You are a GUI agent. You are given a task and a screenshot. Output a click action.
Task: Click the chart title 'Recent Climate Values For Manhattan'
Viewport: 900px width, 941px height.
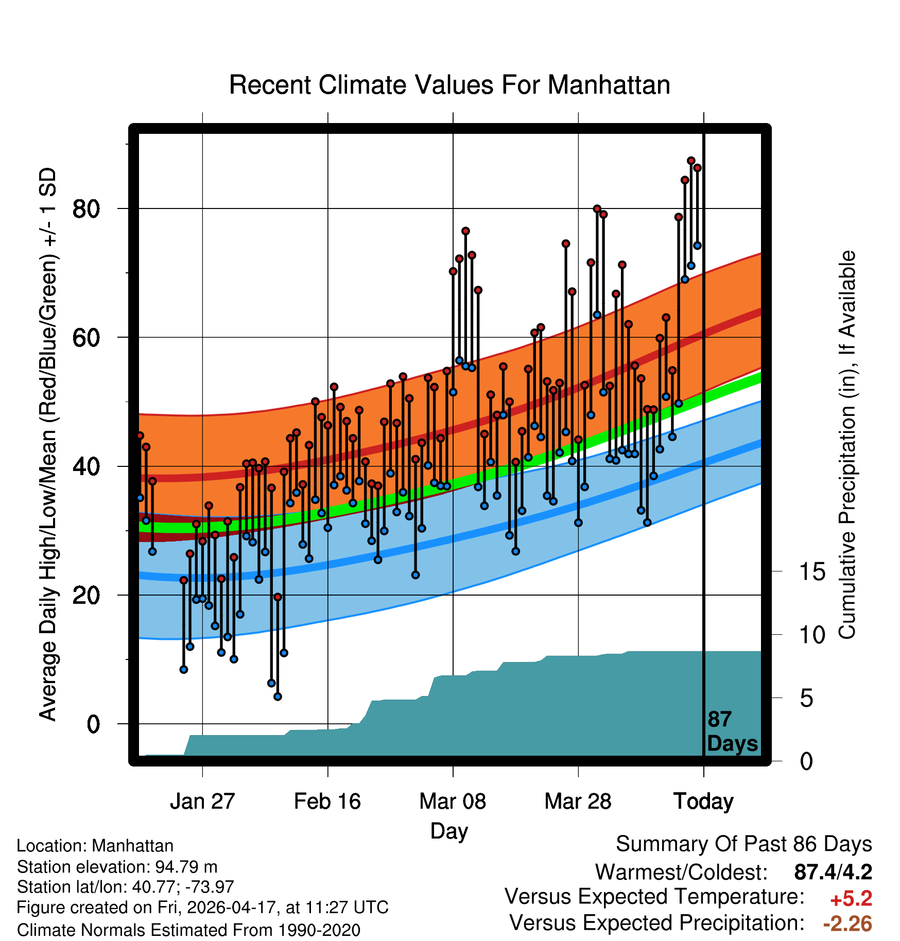click(x=449, y=85)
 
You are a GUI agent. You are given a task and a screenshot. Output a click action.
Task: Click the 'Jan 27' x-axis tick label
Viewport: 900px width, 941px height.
click(x=202, y=801)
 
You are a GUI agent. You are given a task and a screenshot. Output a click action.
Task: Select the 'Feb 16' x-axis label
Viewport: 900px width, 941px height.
click(x=327, y=801)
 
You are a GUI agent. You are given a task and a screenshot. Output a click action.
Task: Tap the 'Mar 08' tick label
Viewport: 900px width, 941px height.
click(x=453, y=801)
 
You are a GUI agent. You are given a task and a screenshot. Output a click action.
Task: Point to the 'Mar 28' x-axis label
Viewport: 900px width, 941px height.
click(x=578, y=801)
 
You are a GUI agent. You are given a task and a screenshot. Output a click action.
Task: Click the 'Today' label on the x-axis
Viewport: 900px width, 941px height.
click(x=703, y=802)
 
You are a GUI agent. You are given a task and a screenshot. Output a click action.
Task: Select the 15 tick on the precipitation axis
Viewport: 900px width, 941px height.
click(x=812, y=572)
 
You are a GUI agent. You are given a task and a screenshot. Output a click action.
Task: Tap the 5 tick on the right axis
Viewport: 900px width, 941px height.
click(x=806, y=699)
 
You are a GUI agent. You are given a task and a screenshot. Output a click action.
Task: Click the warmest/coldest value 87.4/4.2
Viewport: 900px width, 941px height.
click(x=833, y=872)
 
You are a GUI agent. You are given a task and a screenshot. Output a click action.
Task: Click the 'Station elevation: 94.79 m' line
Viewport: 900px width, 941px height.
click(x=117, y=867)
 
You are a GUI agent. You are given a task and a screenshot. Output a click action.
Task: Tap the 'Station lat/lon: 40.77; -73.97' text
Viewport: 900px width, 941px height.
click(x=125, y=887)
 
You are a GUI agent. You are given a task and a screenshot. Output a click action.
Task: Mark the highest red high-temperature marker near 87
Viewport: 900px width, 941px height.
click(x=691, y=161)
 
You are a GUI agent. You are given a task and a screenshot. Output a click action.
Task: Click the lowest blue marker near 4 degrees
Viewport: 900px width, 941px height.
click(x=278, y=697)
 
